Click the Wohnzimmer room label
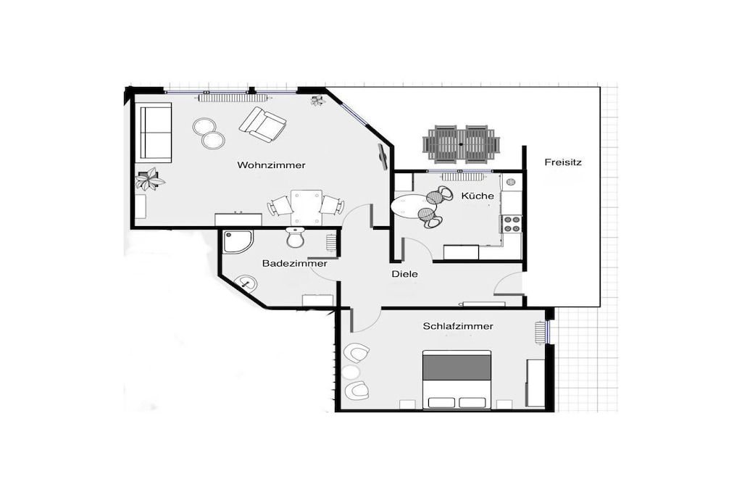click(271, 165)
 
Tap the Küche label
click(478, 196)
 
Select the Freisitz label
click(562, 162)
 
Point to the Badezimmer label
click(294, 263)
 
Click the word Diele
click(404, 273)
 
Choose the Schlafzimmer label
click(458, 326)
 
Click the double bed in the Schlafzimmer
click(457, 380)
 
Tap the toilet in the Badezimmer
click(296, 237)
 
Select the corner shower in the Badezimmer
click(238, 241)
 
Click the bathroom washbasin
click(246, 283)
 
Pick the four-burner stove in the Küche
click(512, 224)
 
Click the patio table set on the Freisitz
click(461, 144)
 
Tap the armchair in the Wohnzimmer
click(263, 124)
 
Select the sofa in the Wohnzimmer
click(156, 133)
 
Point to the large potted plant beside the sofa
click(149, 179)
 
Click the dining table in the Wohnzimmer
click(307, 207)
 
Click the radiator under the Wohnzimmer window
click(233, 98)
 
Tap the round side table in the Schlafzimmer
click(351, 373)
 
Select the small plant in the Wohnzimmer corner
click(317, 100)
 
